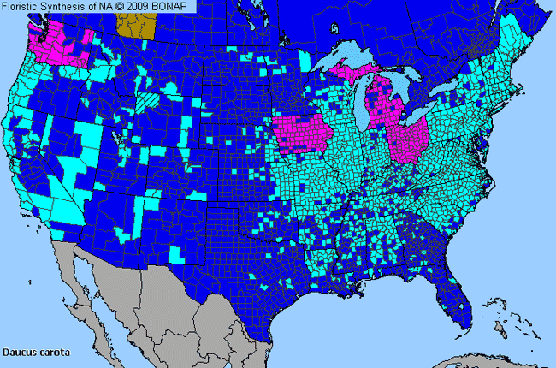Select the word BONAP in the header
[x=176, y=6]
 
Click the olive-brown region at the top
[x=138, y=27]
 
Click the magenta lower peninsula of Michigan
[x=382, y=107]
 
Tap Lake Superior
[x=342, y=60]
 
